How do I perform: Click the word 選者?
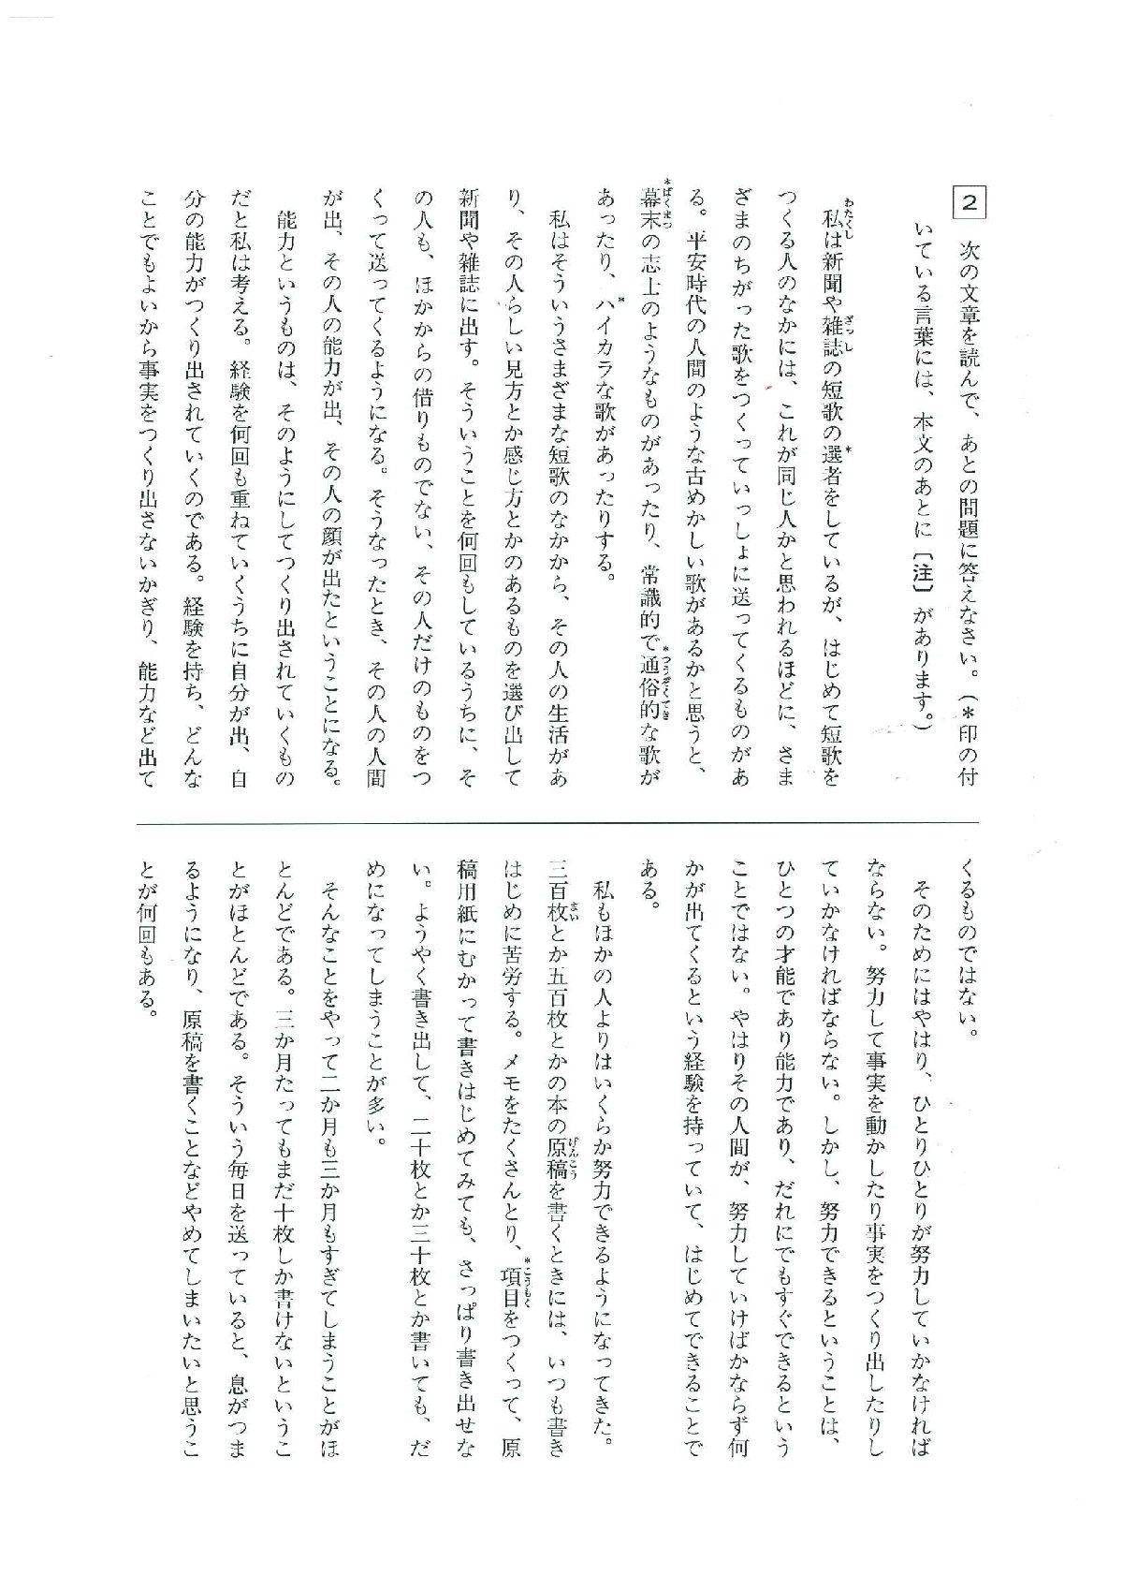831,458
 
